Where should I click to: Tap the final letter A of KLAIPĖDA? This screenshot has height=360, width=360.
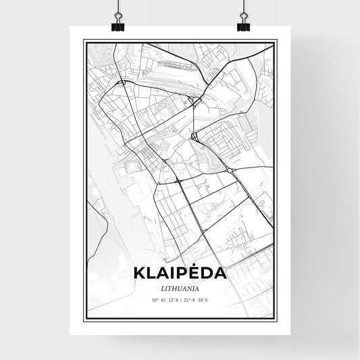point(220,275)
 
